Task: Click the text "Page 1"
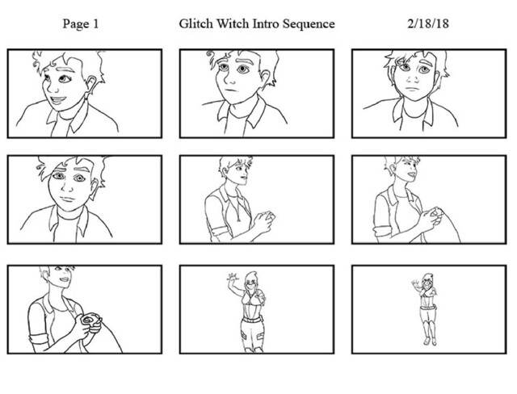(x=81, y=24)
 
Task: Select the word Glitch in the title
(x=195, y=23)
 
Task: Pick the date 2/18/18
(x=427, y=23)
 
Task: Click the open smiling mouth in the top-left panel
(x=58, y=99)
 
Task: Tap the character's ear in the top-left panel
(x=90, y=85)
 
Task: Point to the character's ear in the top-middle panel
(x=264, y=78)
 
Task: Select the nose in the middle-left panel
(x=69, y=188)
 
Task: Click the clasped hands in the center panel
(x=264, y=221)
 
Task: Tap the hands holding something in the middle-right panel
(x=432, y=217)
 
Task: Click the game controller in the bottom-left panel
(x=91, y=322)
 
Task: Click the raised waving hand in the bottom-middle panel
(x=232, y=277)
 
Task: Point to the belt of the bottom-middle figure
(x=252, y=319)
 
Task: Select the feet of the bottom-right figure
(x=431, y=341)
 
